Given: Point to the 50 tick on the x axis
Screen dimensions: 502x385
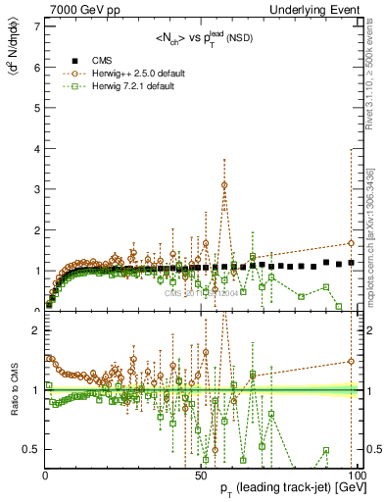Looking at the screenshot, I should pyautogui.click(x=199, y=475).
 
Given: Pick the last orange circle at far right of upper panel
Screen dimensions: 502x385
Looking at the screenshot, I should pyautogui.click(x=351, y=243).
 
